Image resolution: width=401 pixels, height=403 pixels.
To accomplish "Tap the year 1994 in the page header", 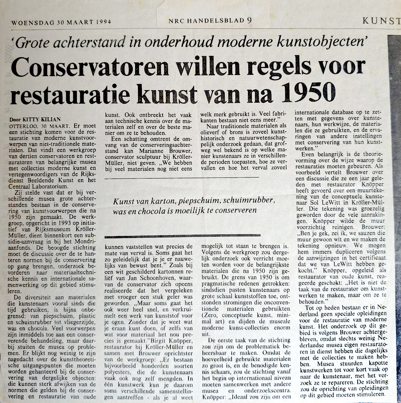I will [x=104, y=22].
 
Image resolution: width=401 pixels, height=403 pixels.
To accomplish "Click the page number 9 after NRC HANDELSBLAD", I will [x=250, y=20].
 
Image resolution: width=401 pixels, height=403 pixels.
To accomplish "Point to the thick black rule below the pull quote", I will [x=182, y=235].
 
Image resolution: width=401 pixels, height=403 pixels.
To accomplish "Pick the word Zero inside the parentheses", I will [x=211, y=315].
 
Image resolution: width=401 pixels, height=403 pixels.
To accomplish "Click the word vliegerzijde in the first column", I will [x=80, y=322].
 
